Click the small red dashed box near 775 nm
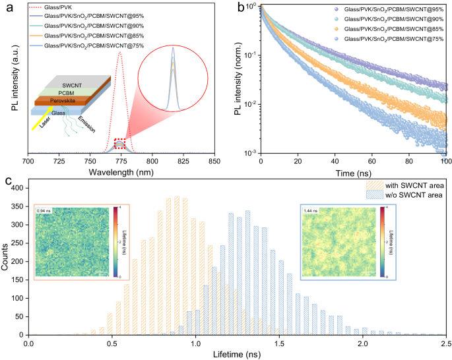click(119, 144)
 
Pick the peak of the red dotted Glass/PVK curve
click(119, 53)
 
